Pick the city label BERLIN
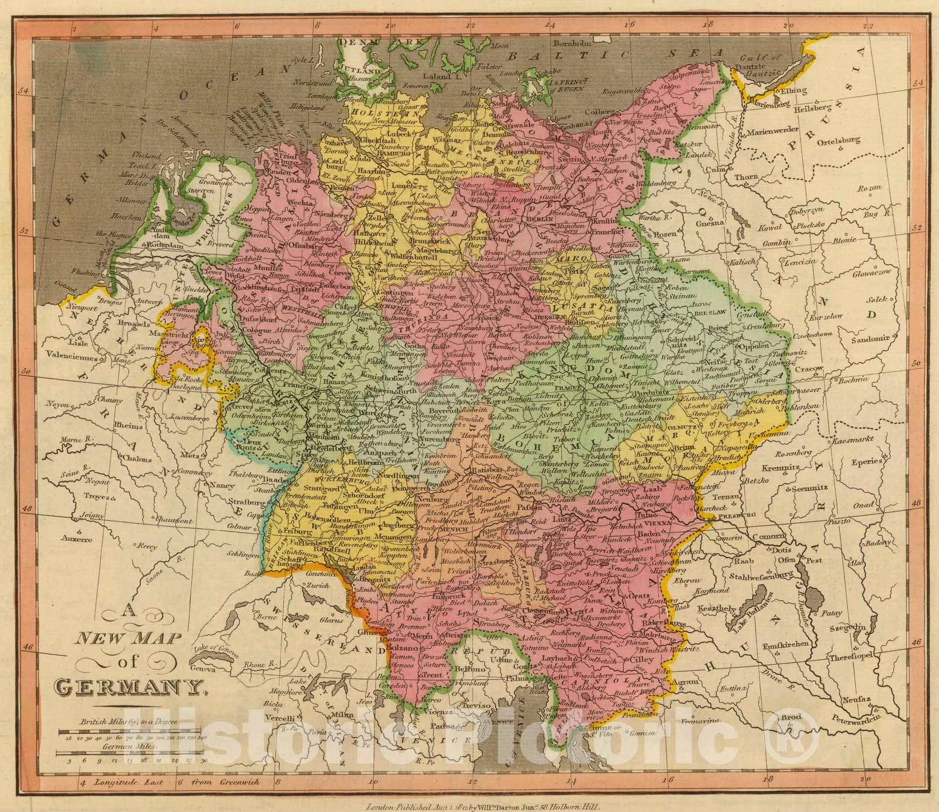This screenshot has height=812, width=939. pyautogui.click(x=541, y=218)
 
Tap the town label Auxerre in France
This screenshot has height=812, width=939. pyautogui.click(x=76, y=537)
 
